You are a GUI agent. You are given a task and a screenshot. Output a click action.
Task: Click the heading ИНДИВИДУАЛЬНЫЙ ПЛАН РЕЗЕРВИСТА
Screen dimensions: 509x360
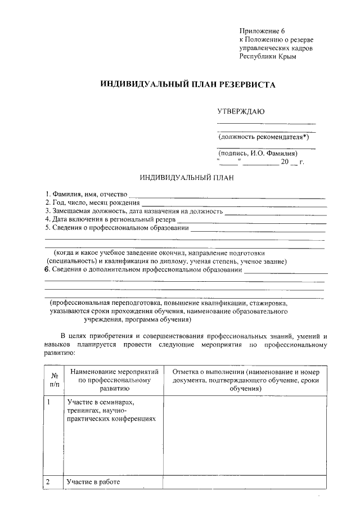coord(188,84)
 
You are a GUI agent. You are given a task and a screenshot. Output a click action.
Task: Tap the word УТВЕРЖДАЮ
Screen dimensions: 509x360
coord(241,112)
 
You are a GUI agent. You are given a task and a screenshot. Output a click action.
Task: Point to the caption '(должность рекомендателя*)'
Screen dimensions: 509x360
coord(264,137)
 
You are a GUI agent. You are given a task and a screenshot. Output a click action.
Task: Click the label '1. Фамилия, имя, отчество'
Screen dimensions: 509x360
coord(87,195)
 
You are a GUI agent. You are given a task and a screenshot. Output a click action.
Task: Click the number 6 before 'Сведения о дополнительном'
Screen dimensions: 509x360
coord(47,270)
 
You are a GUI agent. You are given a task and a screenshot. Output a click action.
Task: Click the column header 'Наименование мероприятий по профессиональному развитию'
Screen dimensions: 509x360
coord(114,380)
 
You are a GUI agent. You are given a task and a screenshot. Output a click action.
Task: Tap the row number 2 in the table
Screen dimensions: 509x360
coord(48,482)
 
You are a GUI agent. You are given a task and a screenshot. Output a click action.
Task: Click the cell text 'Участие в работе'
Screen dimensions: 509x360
coord(93,483)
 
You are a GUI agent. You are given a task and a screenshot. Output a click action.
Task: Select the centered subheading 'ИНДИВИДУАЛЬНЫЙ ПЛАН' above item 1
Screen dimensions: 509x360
coord(186,179)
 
